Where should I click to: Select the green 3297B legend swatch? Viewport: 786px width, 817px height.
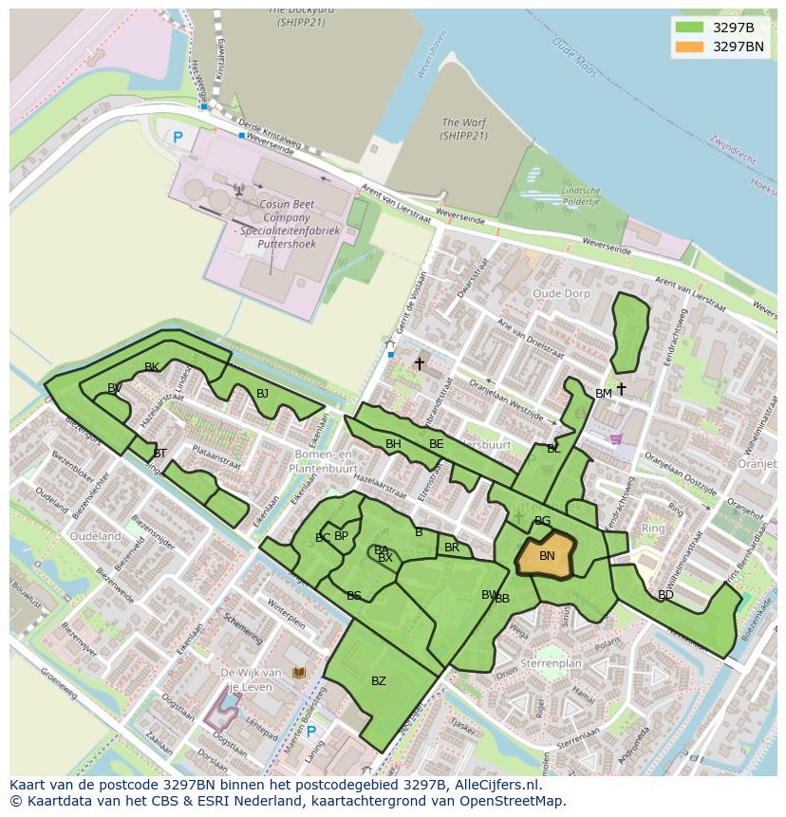click(x=690, y=27)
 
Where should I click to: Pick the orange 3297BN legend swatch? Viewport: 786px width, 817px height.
click(x=690, y=46)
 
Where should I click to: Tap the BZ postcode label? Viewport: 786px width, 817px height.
click(x=379, y=681)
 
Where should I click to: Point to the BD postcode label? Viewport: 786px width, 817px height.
click(x=665, y=595)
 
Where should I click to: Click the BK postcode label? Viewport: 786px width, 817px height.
click(x=152, y=367)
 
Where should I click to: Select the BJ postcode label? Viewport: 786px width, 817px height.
click(x=262, y=394)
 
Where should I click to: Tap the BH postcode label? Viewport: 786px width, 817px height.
click(x=393, y=444)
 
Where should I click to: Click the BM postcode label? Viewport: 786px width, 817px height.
click(x=604, y=394)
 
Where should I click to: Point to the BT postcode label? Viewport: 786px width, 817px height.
click(x=159, y=454)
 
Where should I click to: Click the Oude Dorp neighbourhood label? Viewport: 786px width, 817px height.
click(x=561, y=294)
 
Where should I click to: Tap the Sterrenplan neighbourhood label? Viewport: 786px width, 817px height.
click(x=551, y=664)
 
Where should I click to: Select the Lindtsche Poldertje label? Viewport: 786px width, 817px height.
click(x=581, y=195)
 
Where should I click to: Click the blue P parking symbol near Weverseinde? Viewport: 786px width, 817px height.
click(x=178, y=138)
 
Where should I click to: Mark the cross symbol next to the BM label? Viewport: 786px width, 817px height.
click(x=621, y=389)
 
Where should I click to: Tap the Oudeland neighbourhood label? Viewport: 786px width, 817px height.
click(x=96, y=536)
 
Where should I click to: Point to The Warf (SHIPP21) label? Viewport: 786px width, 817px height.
click(x=463, y=129)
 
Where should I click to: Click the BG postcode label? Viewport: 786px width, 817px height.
click(x=542, y=521)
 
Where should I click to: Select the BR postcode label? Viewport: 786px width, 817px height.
click(x=452, y=548)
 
